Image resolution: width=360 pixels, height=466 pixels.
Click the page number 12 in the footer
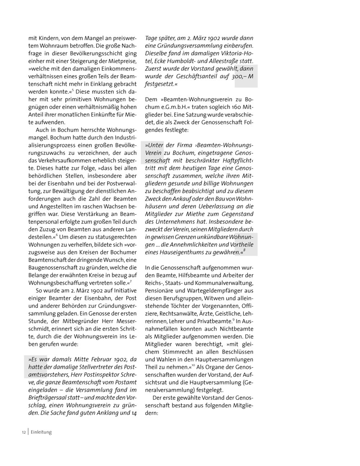click(24, 432)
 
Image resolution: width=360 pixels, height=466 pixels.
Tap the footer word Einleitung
click(41, 432)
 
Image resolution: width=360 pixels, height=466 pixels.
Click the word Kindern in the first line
click(48, 38)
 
